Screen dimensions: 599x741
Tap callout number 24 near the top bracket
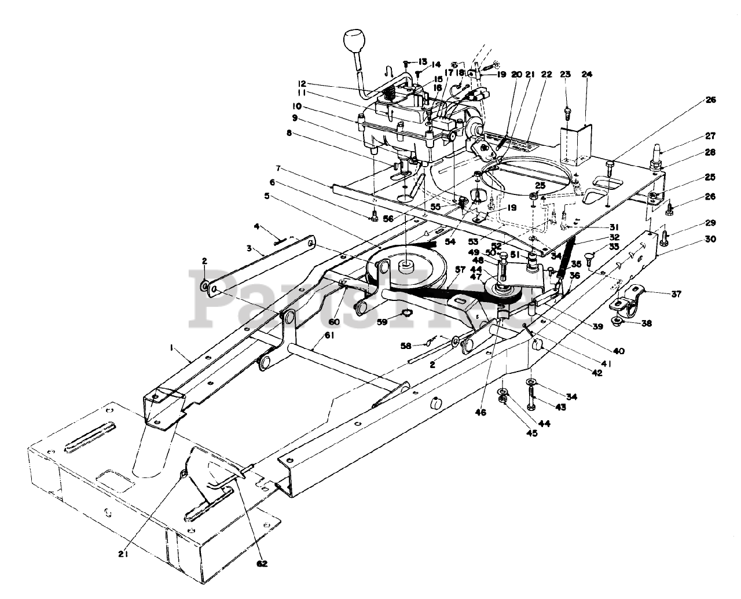(x=587, y=74)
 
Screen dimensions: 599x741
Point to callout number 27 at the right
(x=710, y=136)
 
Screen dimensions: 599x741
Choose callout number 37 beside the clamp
(x=659, y=293)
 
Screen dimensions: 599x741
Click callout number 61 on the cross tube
(x=314, y=335)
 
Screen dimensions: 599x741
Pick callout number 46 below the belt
(x=480, y=413)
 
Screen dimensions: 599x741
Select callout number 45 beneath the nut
(x=531, y=433)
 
